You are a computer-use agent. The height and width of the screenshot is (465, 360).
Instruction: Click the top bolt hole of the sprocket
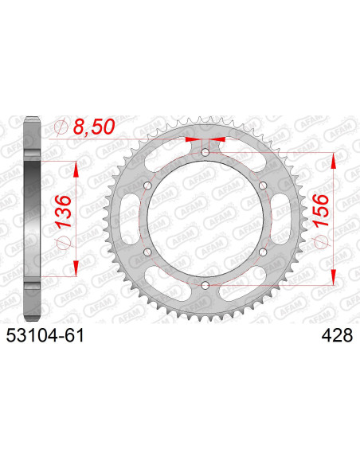pos(205,153)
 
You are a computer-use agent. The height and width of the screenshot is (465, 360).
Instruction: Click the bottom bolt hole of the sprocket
pos(205,285)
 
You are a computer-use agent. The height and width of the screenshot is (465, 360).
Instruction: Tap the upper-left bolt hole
pos(147,186)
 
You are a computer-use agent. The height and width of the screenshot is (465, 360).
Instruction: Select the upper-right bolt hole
pos(263,186)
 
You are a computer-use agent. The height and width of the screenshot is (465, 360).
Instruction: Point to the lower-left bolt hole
pos(147,252)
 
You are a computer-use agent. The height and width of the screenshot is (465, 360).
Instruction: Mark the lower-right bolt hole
pos(263,252)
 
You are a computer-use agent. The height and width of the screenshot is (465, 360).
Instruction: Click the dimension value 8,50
pos(93,127)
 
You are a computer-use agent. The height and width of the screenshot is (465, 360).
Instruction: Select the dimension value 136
pos(64,211)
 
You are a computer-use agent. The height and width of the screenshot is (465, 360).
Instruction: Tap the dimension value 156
pos(321,210)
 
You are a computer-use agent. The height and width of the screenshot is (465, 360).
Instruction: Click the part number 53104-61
pos(45,336)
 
